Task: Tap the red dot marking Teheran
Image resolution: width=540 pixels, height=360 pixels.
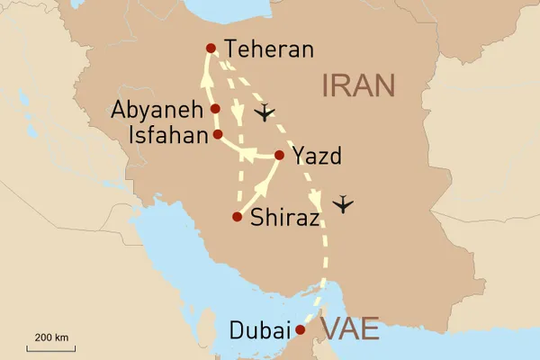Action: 211,48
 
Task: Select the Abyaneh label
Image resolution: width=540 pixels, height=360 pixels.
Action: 157,111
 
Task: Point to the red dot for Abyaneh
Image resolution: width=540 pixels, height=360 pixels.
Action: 215,109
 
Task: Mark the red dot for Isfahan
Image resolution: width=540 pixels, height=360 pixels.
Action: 217,134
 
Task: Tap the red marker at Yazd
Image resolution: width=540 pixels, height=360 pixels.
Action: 279,156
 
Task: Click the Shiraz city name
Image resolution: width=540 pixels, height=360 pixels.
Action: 285,217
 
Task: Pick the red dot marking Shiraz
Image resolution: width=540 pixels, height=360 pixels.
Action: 237,217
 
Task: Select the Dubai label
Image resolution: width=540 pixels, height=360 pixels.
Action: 261,330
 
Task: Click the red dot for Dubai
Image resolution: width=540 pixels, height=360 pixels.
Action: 301,329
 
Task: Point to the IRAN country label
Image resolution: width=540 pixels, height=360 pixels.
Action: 357,85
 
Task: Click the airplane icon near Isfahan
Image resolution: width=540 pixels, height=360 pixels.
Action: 263,113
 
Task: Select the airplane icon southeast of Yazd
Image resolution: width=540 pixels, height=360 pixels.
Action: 342,205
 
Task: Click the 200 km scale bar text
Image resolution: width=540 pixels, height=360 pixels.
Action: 51,337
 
